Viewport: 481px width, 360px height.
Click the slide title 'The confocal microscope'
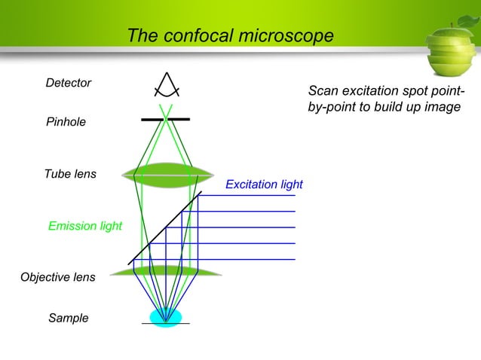coord(230,36)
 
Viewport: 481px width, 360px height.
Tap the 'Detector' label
coord(69,83)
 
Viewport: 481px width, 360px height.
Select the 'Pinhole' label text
coord(66,121)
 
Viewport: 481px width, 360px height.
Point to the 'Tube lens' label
coord(70,174)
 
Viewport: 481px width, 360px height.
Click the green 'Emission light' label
coord(85,226)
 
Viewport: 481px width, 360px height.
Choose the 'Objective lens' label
coord(58,277)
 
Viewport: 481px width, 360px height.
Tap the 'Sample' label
coord(69,319)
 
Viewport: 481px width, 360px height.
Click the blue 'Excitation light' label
coord(264,185)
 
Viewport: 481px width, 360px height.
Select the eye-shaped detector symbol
coord(166,84)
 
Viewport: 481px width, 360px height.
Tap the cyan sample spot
coord(166,316)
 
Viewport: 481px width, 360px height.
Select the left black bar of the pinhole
coord(152,120)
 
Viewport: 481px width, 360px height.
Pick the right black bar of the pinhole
coord(180,119)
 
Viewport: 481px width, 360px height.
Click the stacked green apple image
coord(449,53)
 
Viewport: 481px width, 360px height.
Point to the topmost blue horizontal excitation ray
coord(249,195)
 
